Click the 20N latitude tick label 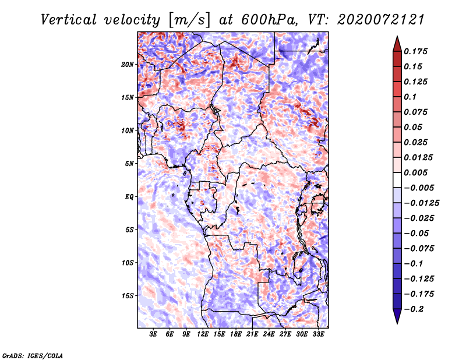tap(128, 65)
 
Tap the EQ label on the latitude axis tap(129, 197)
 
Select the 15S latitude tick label tap(128, 296)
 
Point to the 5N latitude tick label tap(129, 164)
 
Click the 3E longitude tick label tap(153, 334)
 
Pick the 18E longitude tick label tap(236, 334)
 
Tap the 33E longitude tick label tap(318, 334)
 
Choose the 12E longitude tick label tap(203, 334)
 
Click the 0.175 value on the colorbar tap(415, 51)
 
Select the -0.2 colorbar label tap(414, 309)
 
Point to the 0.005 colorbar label tap(415, 172)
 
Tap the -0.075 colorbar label tap(419, 249)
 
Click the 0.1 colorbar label tap(410, 97)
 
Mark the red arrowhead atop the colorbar tap(397, 44)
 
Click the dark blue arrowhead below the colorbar tap(397, 316)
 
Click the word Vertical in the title tap(69, 20)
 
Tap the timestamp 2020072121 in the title tap(381, 20)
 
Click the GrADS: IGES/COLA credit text tap(33, 356)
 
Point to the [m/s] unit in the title tap(189, 20)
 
